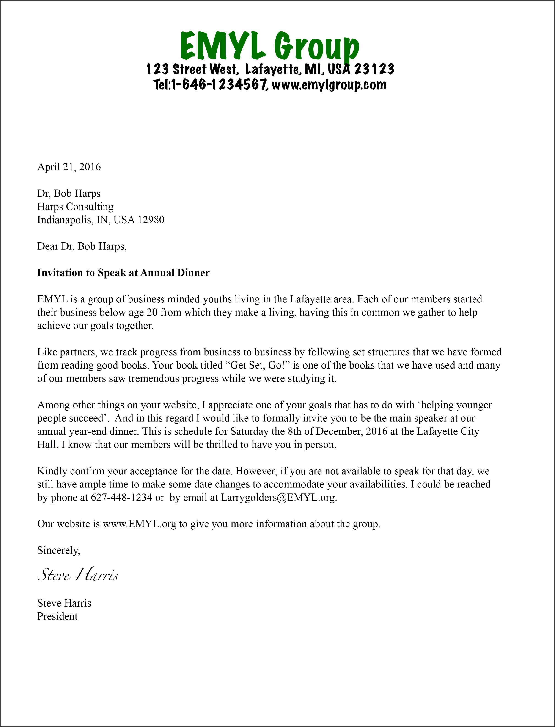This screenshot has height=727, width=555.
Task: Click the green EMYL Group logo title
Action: (269, 46)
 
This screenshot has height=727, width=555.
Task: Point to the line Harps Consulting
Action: (75, 207)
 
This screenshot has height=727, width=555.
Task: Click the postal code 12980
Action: (151, 220)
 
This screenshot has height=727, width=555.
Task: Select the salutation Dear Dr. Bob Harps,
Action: (82, 246)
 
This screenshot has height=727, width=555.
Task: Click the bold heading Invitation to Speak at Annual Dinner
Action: (123, 273)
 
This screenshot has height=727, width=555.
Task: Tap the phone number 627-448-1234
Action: (121, 498)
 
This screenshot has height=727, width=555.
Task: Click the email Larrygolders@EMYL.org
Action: (278, 498)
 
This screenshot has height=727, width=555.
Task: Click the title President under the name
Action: (58, 617)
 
